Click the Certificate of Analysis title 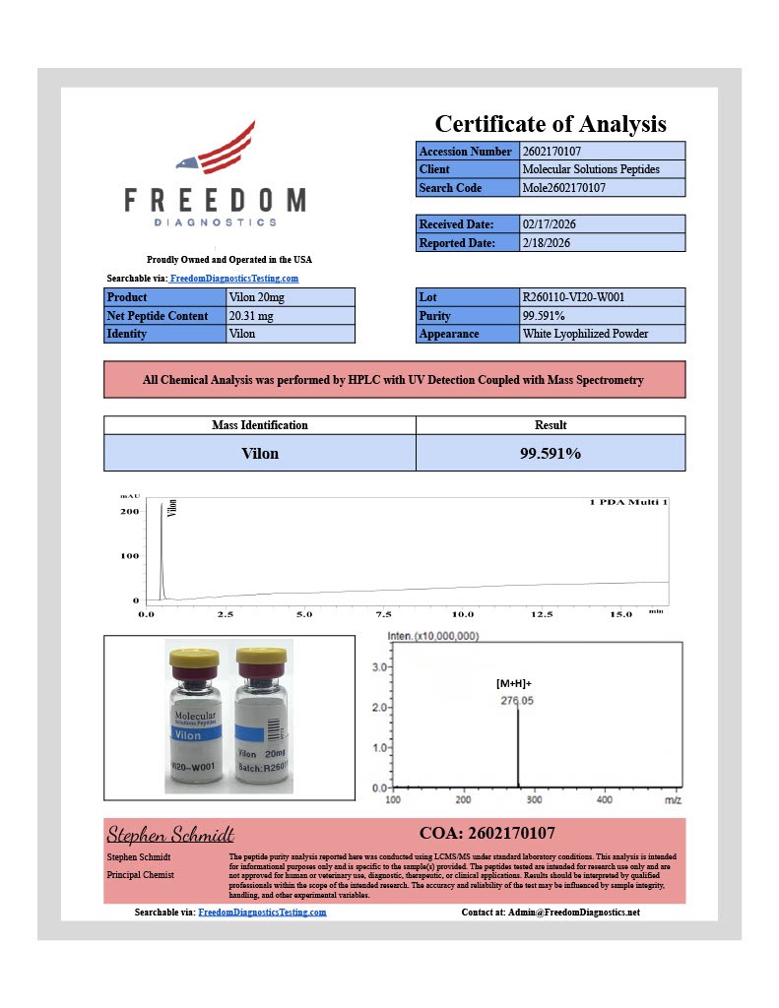tap(551, 124)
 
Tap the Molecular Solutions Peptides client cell tap(590, 169)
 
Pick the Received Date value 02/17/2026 tap(548, 224)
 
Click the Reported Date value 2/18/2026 tap(546, 242)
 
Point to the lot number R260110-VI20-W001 tap(572, 297)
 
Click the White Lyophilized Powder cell tap(585, 334)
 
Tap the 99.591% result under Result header tap(551, 454)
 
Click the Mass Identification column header tap(260, 425)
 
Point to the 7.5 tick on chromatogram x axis tap(383, 614)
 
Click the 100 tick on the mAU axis tap(130, 556)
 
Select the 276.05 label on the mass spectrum tap(518, 701)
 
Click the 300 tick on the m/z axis tap(534, 801)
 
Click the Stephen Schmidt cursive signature tap(169, 835)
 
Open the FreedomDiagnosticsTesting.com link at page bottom tap(262, 913)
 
